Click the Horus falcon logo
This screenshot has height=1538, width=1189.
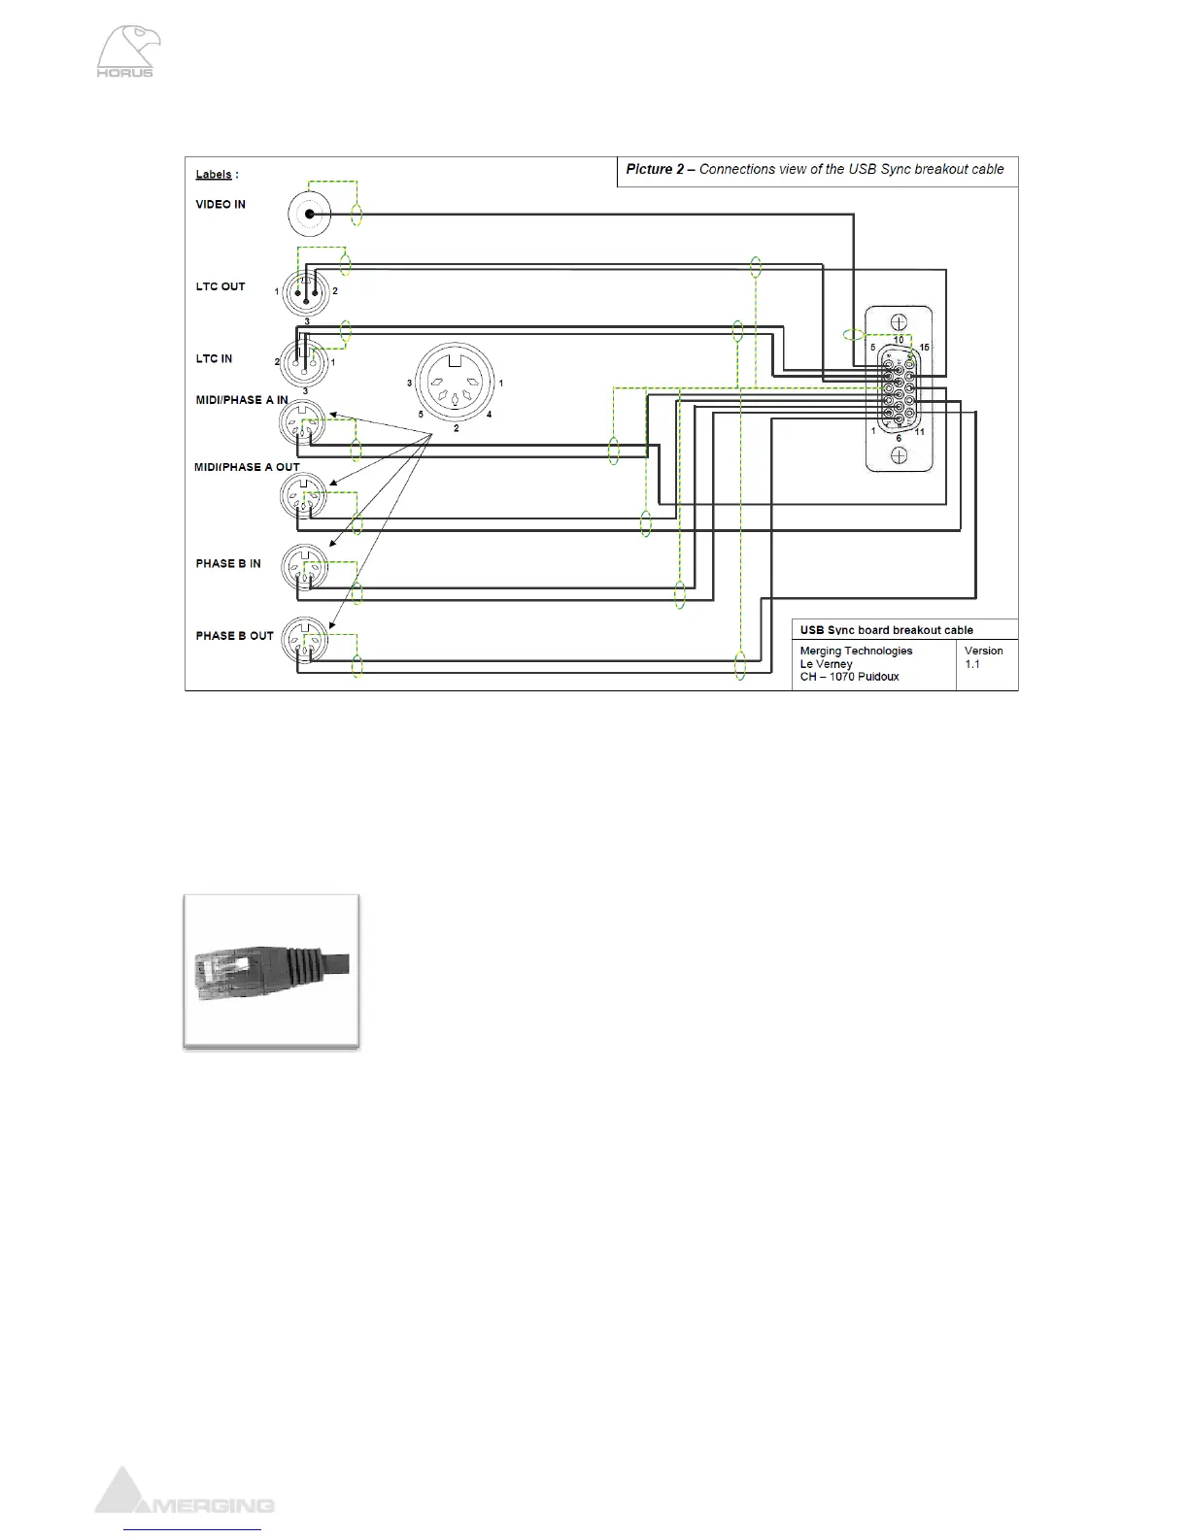(x=128, y=52)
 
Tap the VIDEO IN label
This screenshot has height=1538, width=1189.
(x=221, y=205)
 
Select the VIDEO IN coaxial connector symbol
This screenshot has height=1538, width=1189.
(x=310, y=214)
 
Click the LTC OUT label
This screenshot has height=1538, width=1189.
(x=221, y=287)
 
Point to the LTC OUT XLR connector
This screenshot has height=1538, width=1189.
(x=306, y=291)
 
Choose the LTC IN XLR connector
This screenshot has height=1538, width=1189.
(x=304, y=362)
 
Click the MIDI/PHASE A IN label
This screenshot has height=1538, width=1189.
(x=242, y=400)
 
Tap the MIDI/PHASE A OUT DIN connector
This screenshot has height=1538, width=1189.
(x=304, y=497)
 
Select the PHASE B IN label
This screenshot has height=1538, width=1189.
(x=228, y=564)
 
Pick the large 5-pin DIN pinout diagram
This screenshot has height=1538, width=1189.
(x=455, y=383)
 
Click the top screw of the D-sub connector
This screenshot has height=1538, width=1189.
(x=900, y=322)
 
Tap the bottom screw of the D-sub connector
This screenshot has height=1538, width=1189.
(x=900, y=455)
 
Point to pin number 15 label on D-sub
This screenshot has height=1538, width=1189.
(x=924, y=348)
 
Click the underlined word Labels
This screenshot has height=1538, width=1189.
(x=214, y=175)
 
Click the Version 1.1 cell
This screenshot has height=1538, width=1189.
(x=984, y=657)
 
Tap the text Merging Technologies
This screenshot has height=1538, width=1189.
(x=856, y=652)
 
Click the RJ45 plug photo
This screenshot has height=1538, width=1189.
(x=272, y=971)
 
